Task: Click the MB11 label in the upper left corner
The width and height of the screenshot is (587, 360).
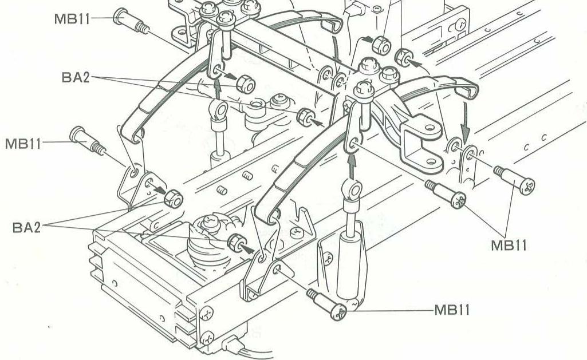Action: pos(72,17)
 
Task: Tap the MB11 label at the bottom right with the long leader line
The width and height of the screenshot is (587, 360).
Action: pos(452,310)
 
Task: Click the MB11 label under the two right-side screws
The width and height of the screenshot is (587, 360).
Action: pos(509,245)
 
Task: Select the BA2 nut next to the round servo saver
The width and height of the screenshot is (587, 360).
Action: pos(235,242)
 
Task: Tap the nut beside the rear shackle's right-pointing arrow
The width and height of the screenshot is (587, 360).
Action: pos(245,83)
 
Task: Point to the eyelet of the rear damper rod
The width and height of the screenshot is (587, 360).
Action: pos(218,109)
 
